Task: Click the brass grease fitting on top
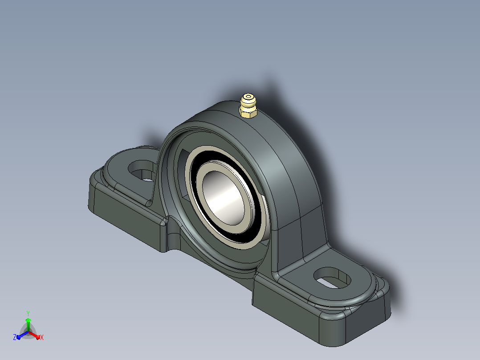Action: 248,106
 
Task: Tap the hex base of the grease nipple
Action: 248,112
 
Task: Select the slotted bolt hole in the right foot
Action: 333,278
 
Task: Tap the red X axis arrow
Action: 34,335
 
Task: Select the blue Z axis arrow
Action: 23,335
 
